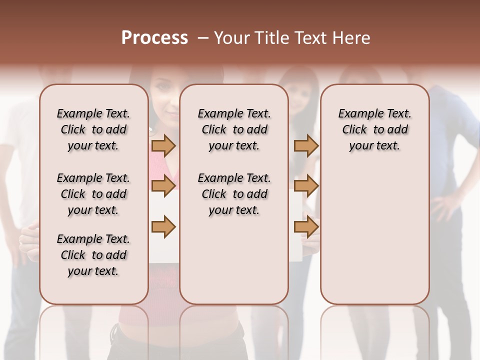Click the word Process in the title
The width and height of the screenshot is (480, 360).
[154, 38]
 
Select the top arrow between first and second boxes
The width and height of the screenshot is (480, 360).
[163, 145]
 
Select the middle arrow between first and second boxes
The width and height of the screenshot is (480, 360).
[163, 186]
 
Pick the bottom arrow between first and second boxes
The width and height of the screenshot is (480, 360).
[163, 226]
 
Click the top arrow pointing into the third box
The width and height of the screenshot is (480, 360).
[306, 145]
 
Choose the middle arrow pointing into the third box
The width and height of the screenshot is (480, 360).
[306, 186]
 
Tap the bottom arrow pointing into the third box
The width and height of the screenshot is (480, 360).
[306, 226]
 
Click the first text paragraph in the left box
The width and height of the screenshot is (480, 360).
[93, 129]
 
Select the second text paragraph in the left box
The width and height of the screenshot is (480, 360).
[93, 194]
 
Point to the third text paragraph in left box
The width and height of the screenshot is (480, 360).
[93, 255]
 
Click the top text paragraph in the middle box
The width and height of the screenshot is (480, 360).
[234, 129]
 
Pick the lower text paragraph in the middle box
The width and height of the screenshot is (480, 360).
[234, 194]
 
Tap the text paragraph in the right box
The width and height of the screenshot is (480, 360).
[374, 129]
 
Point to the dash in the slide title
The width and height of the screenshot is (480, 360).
[203, 38]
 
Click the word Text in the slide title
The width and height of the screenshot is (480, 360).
[310, 38]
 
